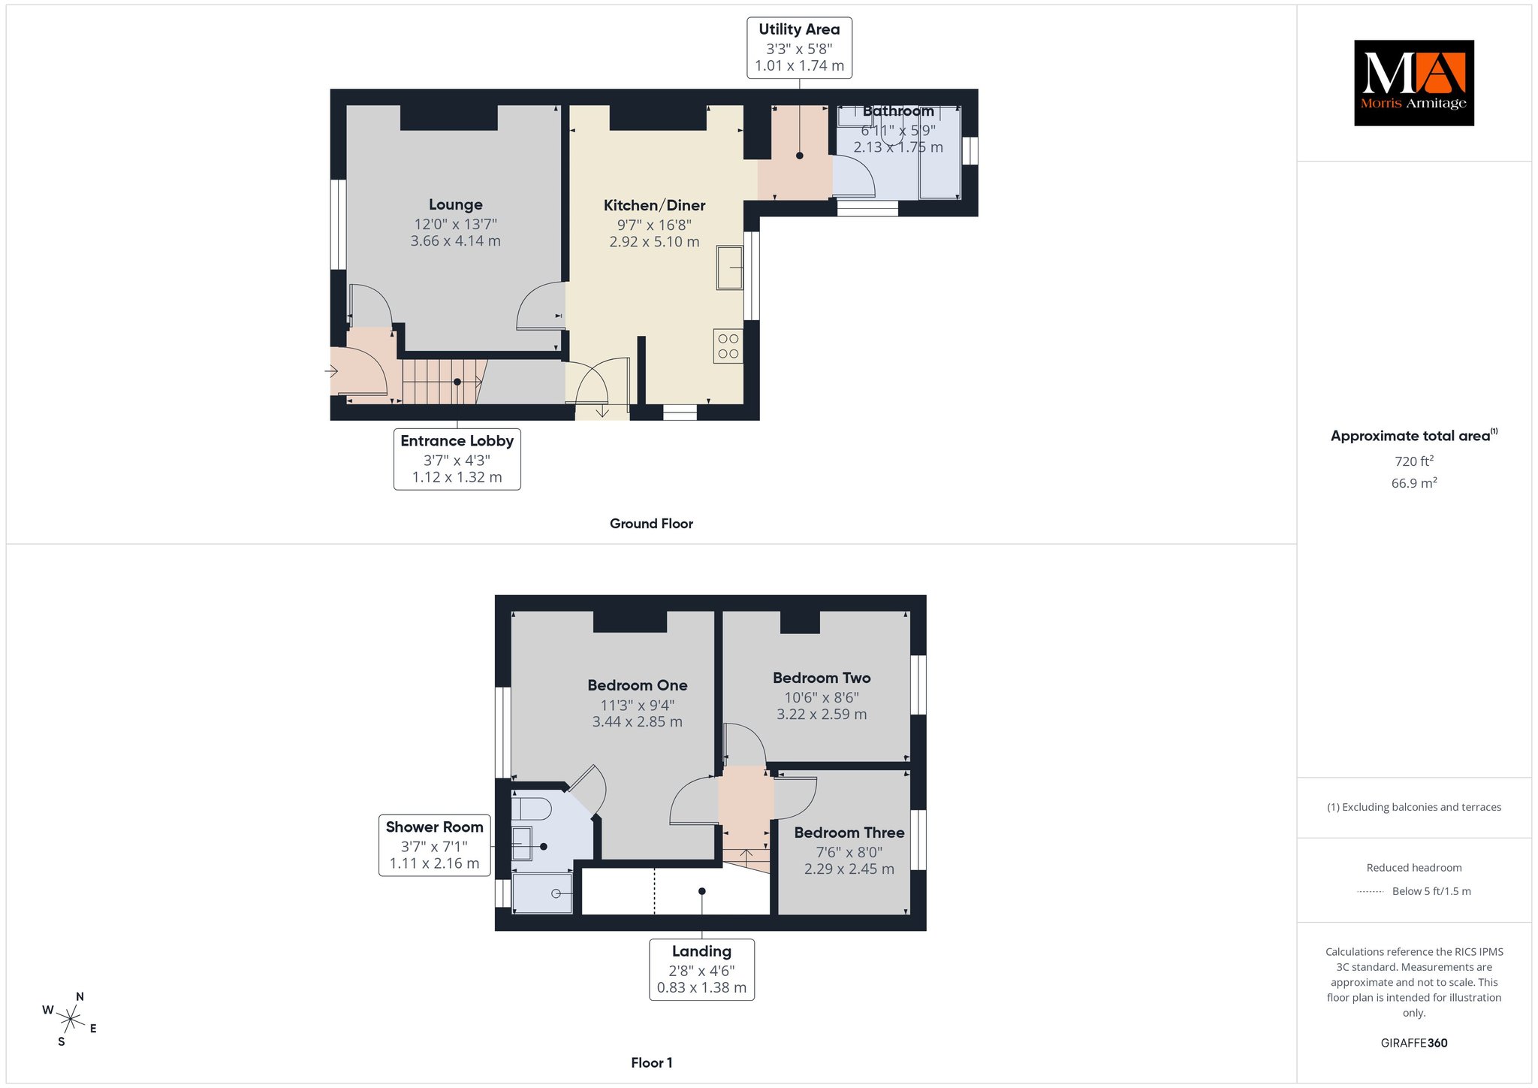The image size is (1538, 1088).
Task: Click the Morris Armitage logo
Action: [1413, 83]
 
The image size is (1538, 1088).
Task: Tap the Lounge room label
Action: [456, 204]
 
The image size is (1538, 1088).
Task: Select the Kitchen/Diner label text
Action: [655, 205]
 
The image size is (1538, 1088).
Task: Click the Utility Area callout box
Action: [799, 47]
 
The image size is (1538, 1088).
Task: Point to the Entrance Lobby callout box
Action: [457, 459]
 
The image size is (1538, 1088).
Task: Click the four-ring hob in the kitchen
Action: [728, 346]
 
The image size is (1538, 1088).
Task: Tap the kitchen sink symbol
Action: [729, 267]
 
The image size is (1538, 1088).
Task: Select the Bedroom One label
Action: [638, 685]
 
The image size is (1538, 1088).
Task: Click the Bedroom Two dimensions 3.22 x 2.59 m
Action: [822, 714]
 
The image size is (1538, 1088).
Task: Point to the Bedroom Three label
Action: [849, 833]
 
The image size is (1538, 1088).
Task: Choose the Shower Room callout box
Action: [434, 845]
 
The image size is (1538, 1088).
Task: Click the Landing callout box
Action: [701, 969]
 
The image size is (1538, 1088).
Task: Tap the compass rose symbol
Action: [70, 1020]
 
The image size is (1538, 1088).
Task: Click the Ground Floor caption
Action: [651, 524]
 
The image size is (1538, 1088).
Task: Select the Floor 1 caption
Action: [652, 1062]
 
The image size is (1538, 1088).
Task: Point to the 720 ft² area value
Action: [1414, 461]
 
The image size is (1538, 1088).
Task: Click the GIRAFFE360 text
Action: [1414, 1043]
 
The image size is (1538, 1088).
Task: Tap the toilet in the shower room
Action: [532, 808]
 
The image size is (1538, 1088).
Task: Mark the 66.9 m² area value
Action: [1414, 483]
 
